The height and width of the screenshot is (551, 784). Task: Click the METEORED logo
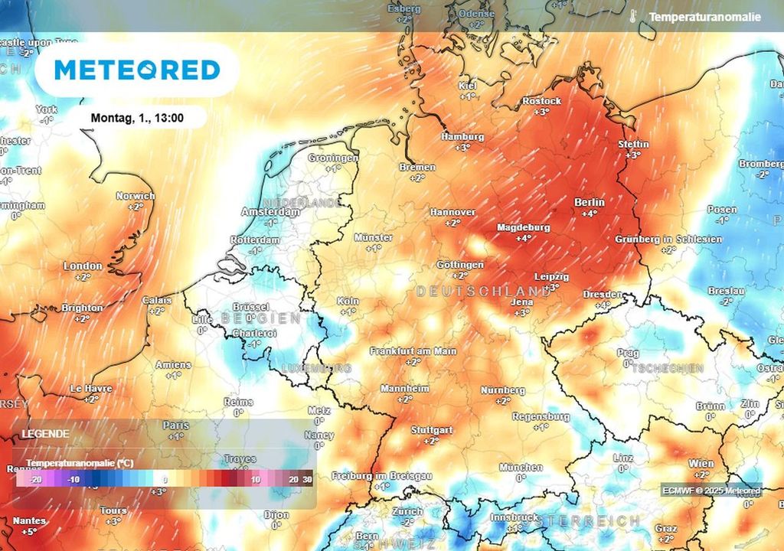click(137, 70)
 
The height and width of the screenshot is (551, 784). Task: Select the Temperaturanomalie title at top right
click(704, 17)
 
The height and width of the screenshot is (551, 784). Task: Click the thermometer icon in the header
click(632, 16)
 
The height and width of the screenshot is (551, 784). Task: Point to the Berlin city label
click(589, 202)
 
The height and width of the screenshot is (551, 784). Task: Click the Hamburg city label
click(462, 136)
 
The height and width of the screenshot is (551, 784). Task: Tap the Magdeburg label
click(524, 228)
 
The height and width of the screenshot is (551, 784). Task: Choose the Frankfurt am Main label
click(413, 351)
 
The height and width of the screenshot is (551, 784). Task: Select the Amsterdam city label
click(270, 211)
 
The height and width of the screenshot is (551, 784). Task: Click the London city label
click(83, 266)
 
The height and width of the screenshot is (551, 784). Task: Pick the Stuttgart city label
click(431, 430)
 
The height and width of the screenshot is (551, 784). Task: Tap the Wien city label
click(701, 463)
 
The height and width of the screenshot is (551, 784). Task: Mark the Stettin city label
click(633, 145)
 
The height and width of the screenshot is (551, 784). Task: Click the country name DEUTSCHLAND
click(483, 292)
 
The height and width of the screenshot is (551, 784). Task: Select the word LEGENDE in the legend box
click(45, 434)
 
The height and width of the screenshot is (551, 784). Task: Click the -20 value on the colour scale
click(34, 479)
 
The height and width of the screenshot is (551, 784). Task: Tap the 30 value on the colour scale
click(307, 479)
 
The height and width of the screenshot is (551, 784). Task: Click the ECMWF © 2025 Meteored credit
click(711, 491)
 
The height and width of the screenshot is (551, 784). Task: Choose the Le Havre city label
click(91, 389)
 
